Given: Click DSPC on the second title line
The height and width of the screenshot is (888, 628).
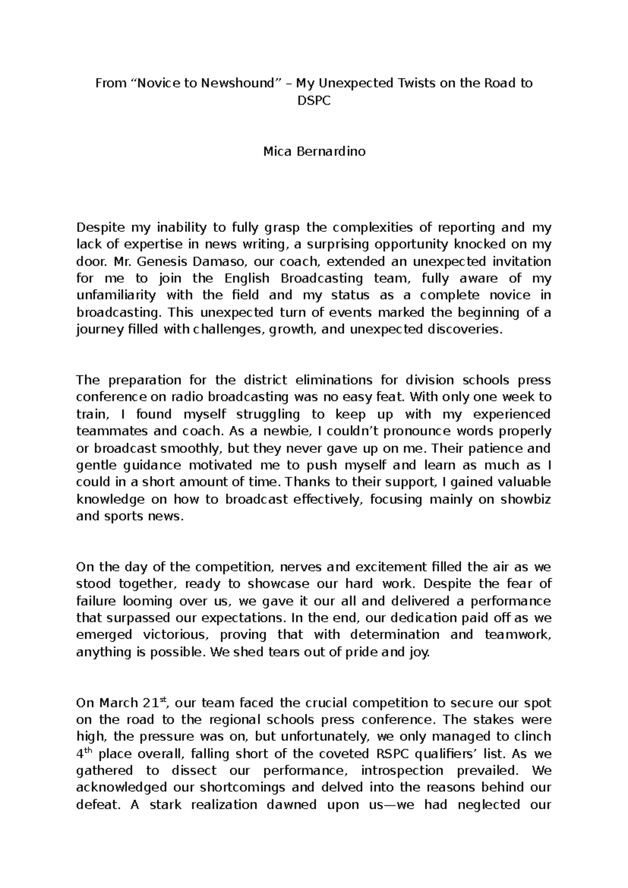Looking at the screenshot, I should (x=314, y=101).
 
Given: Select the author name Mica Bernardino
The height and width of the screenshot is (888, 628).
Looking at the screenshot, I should (x=314, y=152).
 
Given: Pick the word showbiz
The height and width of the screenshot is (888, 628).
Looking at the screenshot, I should (x=526, y=499).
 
